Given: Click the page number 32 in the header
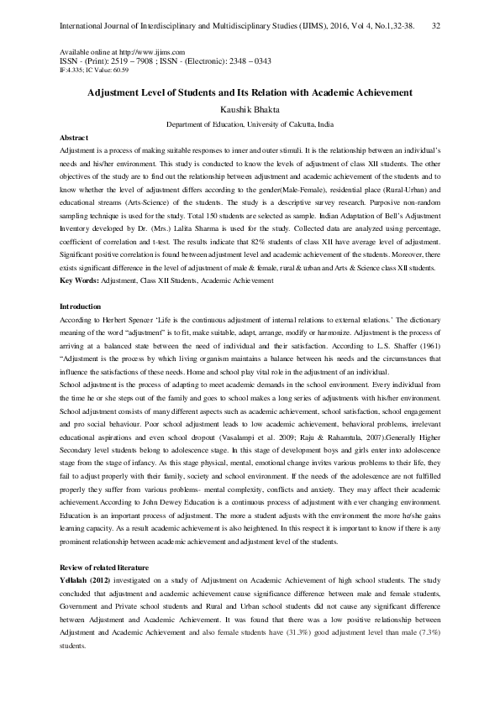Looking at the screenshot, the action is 436,26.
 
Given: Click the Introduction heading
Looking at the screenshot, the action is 81,306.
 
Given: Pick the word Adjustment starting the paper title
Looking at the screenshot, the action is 118,92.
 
